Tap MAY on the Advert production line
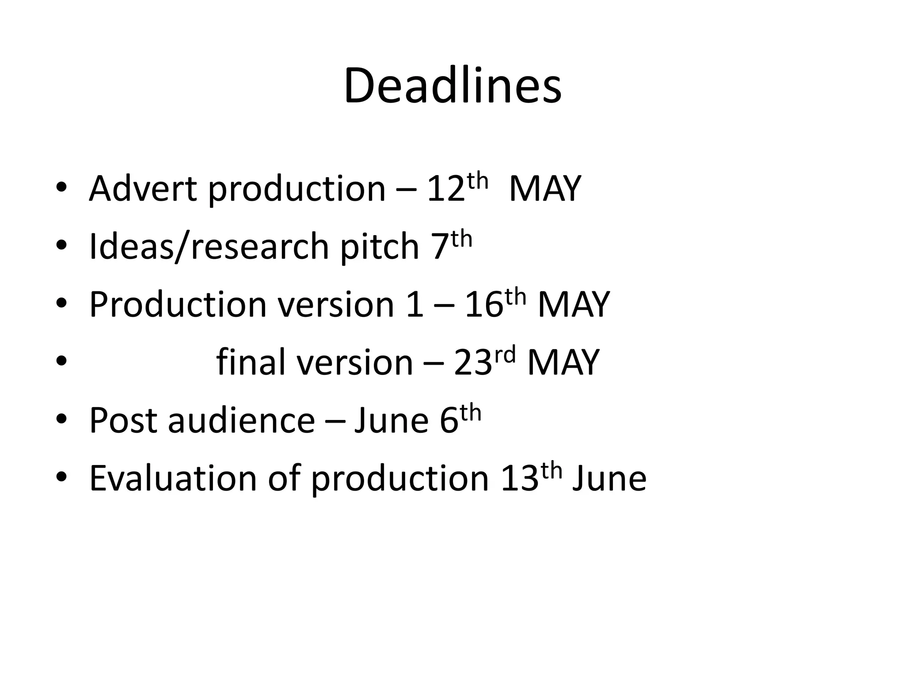click(544, 189)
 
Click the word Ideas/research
click(209, 247)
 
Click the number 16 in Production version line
click(484, 305)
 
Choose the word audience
click(241, 420)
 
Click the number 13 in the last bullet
click(520, 479)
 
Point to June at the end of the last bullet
click(609, 478)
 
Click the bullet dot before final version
click(61, 362)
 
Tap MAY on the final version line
click(563, 362)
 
